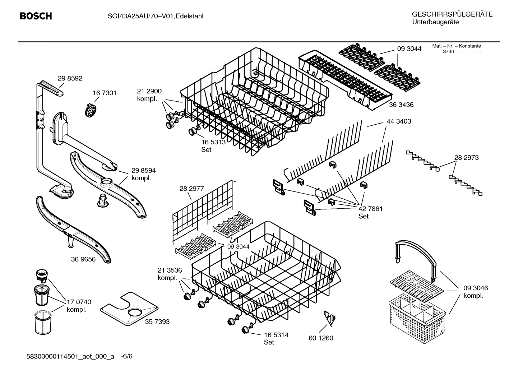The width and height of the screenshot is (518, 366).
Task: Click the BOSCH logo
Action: [x=36, y=16]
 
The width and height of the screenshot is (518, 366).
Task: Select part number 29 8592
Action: [x=70, y=79]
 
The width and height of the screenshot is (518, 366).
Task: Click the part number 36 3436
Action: [x=401, y=105]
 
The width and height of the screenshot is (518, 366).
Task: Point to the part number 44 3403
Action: [x=399, y=121]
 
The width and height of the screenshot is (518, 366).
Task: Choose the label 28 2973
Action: [x=466, y=158]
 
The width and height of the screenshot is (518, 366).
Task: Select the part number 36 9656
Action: [x=83, y=259]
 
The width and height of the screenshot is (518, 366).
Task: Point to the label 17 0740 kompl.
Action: [x=79, y=306]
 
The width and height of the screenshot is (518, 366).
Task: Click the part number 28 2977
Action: [x=191, y=188]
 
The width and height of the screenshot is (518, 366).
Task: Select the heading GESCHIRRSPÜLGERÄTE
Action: [x=452, y=15]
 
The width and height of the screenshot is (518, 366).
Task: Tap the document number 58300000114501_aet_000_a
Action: [x=70, y=356]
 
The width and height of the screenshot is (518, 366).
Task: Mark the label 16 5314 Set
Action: [x=276, y=339]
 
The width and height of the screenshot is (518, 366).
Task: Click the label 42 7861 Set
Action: [x=370, y=212]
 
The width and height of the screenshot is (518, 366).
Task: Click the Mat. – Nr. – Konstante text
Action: [x=456, y=46]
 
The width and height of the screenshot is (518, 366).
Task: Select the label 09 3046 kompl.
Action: [x=475, y=292]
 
